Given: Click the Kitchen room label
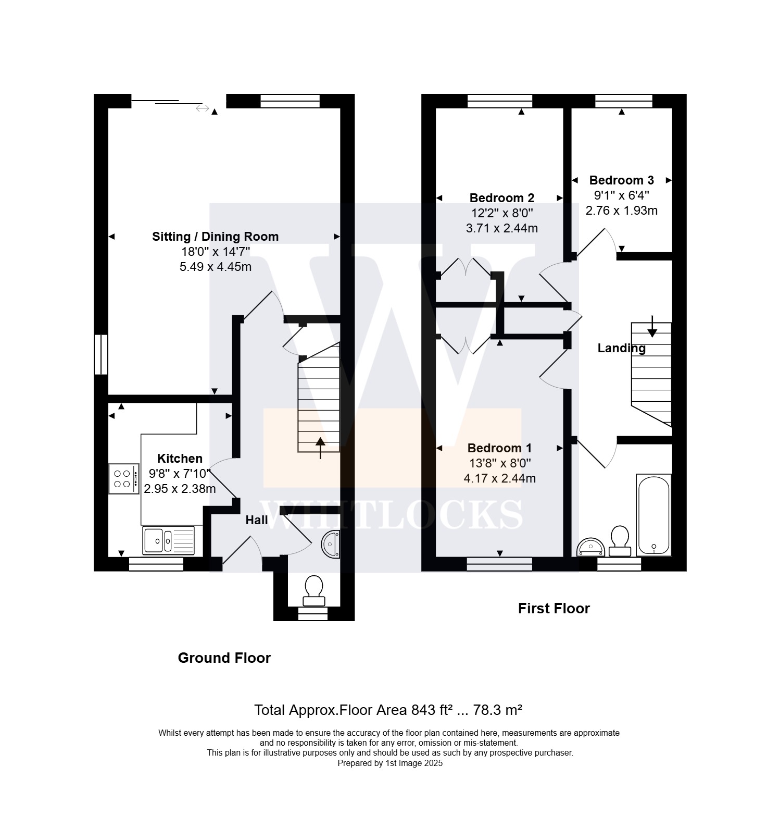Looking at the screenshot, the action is pyautogui.click(x=180, y=459).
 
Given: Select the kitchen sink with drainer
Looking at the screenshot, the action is pyautogui.click(x=168, y=540).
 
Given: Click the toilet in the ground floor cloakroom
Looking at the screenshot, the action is pyautogui.click(x=313, y=590).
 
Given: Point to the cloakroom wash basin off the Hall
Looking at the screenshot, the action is pyautogui.click(x=332, y=544).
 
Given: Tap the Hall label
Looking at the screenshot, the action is pyautogui.click(x=257, y=520).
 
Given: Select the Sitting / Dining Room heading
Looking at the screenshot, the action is pyautogui.click(x=215, y=237).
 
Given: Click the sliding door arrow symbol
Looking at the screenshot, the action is pyautogui.click(x=203, y=108).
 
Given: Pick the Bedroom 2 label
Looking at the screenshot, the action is pyautogui.click(x=502, y=198).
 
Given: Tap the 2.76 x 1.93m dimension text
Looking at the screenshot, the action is pyautogui.click(x=621, y=211).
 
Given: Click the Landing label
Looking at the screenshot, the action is pyautogui.click(x=622, y=348).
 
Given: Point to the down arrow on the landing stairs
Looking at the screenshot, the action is pyautogui.click(x=652, y=326).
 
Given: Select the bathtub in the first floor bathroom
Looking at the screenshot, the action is pyautogui.click(x=653, y=515).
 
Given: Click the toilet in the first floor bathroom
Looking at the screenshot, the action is pyautogui.click(x=620, y=541).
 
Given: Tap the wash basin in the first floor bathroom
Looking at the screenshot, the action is pyautogui.click(x=591, y=547).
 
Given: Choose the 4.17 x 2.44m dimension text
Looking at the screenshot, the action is pyautogui.click(x=499, y=478).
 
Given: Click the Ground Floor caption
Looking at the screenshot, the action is pyautogui.click(x=224, y=658).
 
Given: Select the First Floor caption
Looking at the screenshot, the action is pyautogui.click(x=554, y=609).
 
